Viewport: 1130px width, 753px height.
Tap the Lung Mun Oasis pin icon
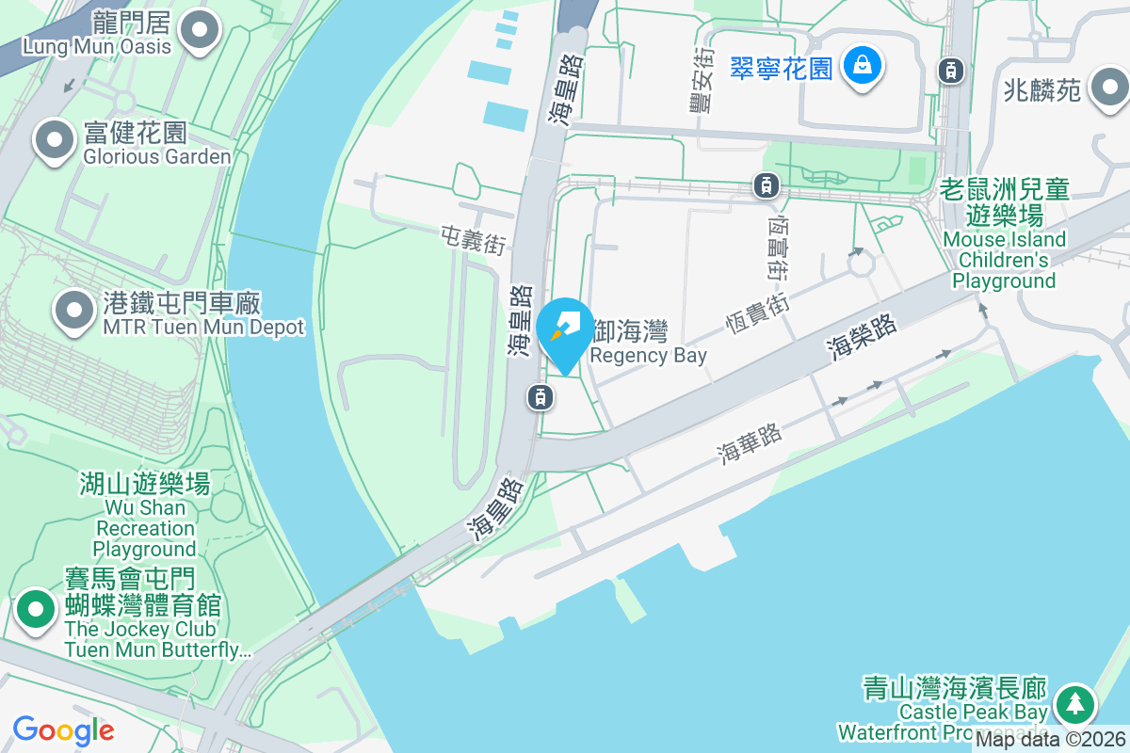199,30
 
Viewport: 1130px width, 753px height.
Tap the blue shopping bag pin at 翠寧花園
862,67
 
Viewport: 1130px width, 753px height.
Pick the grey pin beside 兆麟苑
1108,89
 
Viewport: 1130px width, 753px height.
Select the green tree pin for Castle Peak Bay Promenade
1074,704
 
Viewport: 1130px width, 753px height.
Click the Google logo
63,730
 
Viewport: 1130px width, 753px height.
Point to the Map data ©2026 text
1049,740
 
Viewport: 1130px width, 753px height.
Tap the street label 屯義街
474,240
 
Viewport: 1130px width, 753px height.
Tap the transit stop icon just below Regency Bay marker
540,397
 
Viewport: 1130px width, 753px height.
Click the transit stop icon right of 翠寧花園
951,69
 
